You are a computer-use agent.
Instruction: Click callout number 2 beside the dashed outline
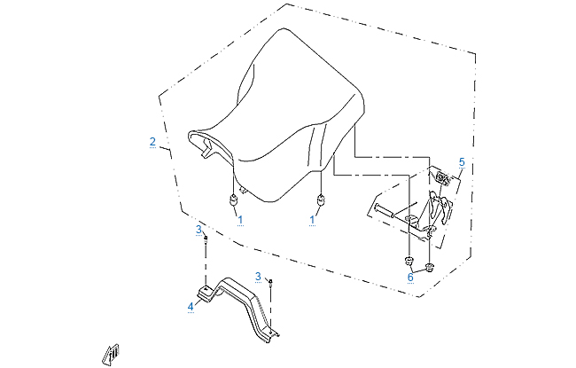[152, 142]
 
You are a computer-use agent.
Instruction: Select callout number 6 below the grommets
[410, 277]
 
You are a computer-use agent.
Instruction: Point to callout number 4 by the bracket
[190, 307]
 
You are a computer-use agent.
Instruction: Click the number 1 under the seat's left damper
[240, 218]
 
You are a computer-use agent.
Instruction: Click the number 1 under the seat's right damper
[313, 218]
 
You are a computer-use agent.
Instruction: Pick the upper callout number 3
[198, 231]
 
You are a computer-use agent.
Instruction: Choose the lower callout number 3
[258, 277]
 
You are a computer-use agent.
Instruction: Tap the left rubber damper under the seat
[233, 200]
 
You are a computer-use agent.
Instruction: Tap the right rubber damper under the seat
[321, 200]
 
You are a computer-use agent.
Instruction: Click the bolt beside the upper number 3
[206, 238]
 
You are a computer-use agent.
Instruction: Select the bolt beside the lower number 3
[270, 283]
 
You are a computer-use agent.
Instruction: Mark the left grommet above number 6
[409, 261]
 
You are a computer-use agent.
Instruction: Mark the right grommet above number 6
[429, 266]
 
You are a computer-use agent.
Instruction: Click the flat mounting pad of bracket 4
[203, 294]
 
